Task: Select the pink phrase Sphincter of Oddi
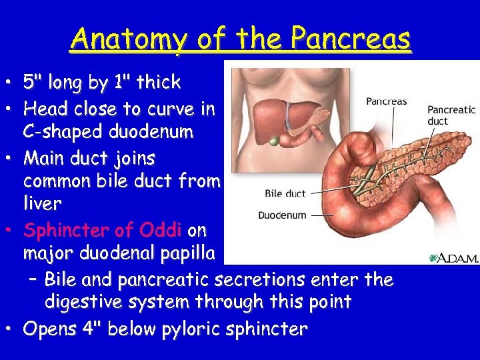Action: tap(103, 231)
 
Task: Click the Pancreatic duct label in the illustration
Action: tap(451, 115)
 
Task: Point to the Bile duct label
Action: tap(285, 193)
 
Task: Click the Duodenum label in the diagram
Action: tap(282, 215)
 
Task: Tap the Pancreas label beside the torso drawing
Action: tap(386, 102)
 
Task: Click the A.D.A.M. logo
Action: tap(453, 257)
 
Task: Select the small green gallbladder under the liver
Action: tap(275, 141)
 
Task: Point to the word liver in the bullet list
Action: tap(42, 203)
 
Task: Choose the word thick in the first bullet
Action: tap(158, 83)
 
